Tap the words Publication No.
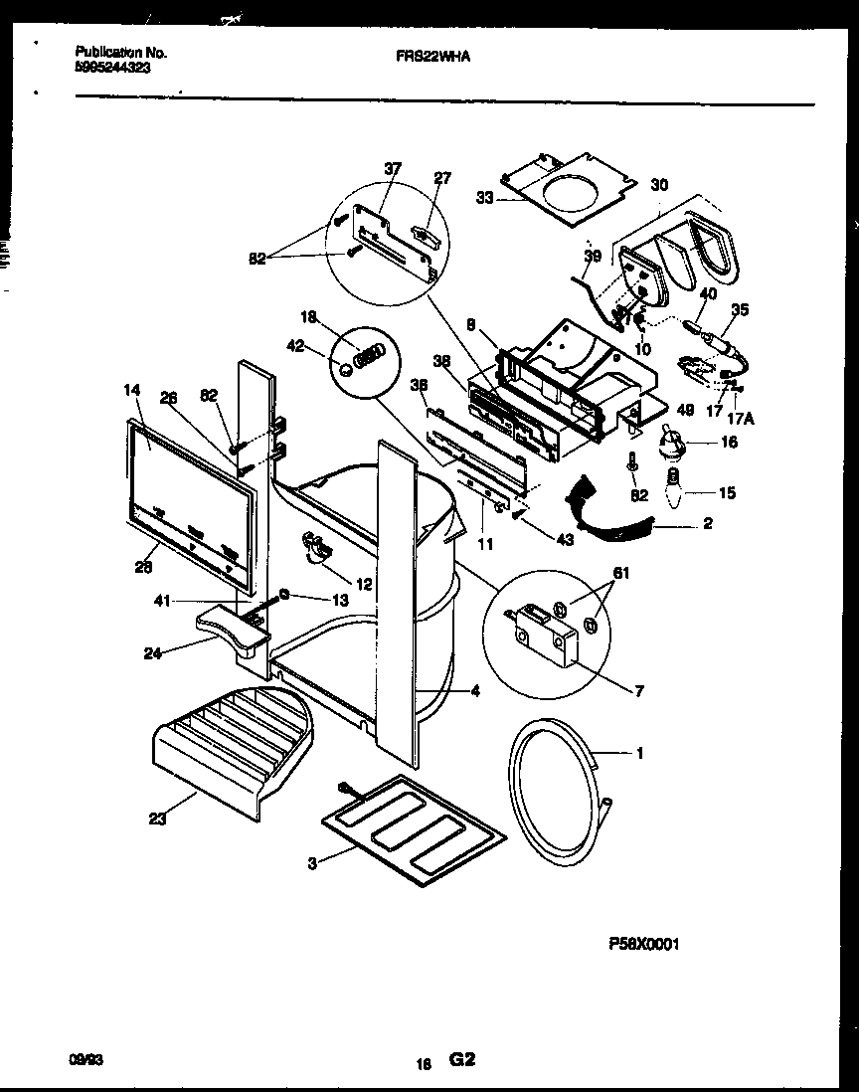[x=120, y=53]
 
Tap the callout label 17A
[x=742, y=419]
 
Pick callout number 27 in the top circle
[x=441, y=179]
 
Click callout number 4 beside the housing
[x=475, y=692]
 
